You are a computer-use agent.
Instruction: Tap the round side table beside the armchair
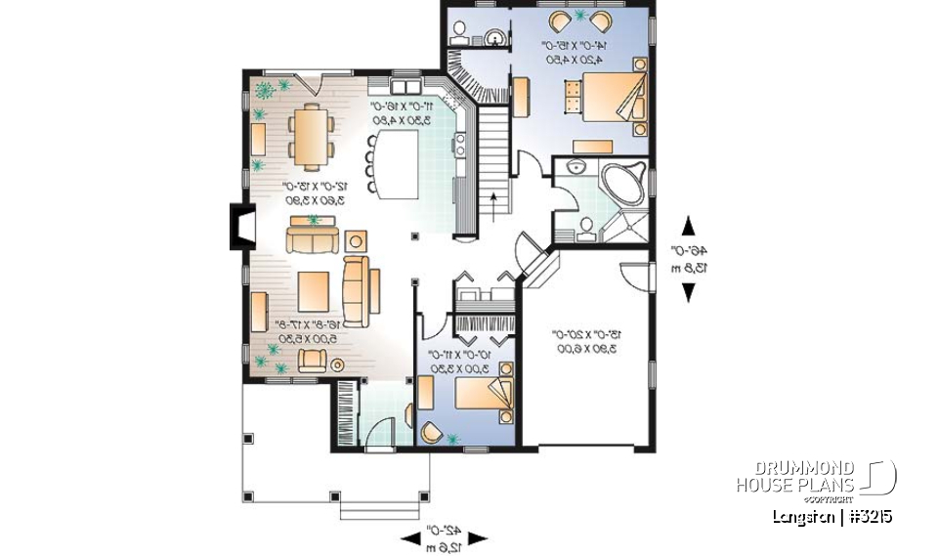[x=338, y=364]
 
